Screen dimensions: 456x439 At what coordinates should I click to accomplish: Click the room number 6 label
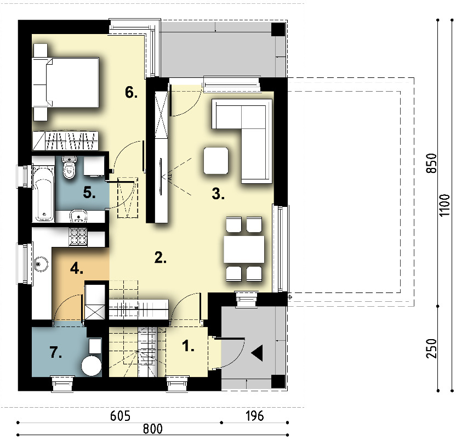[x=131, y=93]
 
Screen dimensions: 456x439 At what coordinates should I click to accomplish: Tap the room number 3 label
[x=218, y=194]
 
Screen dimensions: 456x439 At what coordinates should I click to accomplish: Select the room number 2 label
[x=161, y=257]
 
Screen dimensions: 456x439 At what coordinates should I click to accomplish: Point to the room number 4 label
[x=77, y=268]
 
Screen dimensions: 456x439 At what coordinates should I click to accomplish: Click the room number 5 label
[x=89, y=193]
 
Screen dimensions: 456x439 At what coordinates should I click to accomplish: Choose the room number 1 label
[x=188, y=346]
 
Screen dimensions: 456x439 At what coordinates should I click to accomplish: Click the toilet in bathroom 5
[x=69, y=167]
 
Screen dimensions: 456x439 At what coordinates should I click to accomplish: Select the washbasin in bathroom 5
[x=78, y=216]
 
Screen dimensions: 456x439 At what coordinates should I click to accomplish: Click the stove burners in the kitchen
[x=78, y=237]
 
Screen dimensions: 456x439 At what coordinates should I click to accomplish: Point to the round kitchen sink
[x=41, y=264]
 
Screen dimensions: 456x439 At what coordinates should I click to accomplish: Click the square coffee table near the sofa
[x=216, y=161]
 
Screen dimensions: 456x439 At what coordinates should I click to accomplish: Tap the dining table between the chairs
[x=244, y=250]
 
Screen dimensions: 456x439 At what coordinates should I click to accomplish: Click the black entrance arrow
[x=257, y=353]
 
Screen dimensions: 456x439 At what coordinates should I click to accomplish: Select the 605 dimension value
[x=120, y=416]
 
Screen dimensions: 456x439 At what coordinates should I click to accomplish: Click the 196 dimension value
[x=255, y=416]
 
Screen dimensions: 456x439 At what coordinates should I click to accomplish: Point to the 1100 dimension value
[x=444, y=205]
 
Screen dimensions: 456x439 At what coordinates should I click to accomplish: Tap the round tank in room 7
[x=92, y=365]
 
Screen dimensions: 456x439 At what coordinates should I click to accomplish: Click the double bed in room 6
[x=66, y=82]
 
